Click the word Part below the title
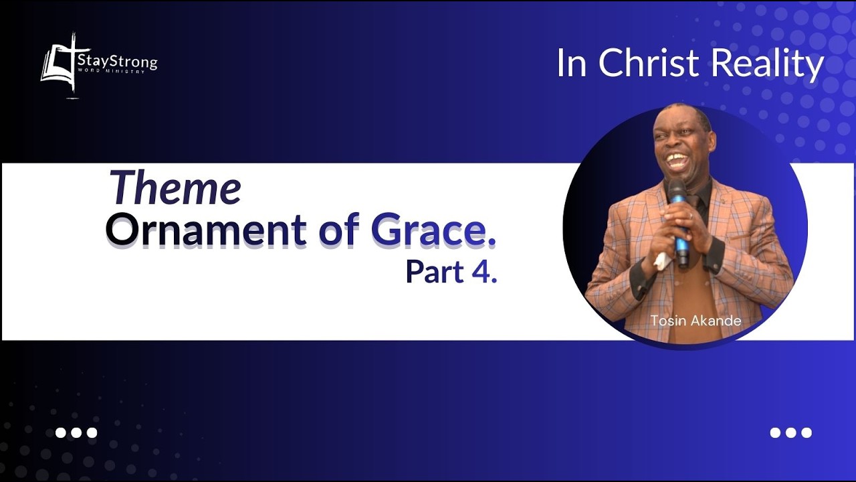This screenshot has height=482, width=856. point(435,271)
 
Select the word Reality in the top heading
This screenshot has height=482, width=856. point(767,64)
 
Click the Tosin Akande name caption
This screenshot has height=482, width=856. point(695,321)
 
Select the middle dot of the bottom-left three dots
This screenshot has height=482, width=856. point(76,432)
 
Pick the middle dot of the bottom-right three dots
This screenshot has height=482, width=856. point(791,432)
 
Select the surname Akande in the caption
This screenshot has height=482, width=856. point(716,321)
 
